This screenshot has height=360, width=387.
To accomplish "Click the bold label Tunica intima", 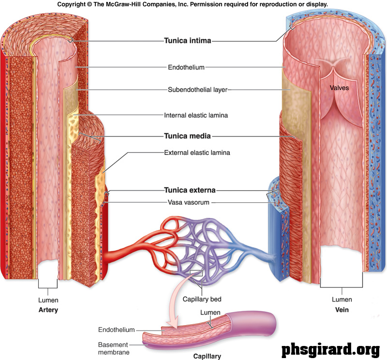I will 188,41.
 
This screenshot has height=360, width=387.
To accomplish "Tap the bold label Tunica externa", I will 190,190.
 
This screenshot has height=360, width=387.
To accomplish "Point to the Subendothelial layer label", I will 197,90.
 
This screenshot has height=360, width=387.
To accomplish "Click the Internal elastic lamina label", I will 196,116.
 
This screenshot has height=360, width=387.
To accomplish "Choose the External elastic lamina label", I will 197,152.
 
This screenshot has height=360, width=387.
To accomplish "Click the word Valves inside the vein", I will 339,88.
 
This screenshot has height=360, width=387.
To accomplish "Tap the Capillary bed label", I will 202,299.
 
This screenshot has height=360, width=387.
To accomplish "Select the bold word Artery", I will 48,310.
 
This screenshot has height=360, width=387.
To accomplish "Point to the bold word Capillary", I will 207,356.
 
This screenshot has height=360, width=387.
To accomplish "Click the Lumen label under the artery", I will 48,300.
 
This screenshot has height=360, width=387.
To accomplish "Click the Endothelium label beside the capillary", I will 116,330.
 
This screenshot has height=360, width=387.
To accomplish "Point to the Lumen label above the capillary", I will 210,313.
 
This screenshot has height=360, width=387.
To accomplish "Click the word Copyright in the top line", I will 73,4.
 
